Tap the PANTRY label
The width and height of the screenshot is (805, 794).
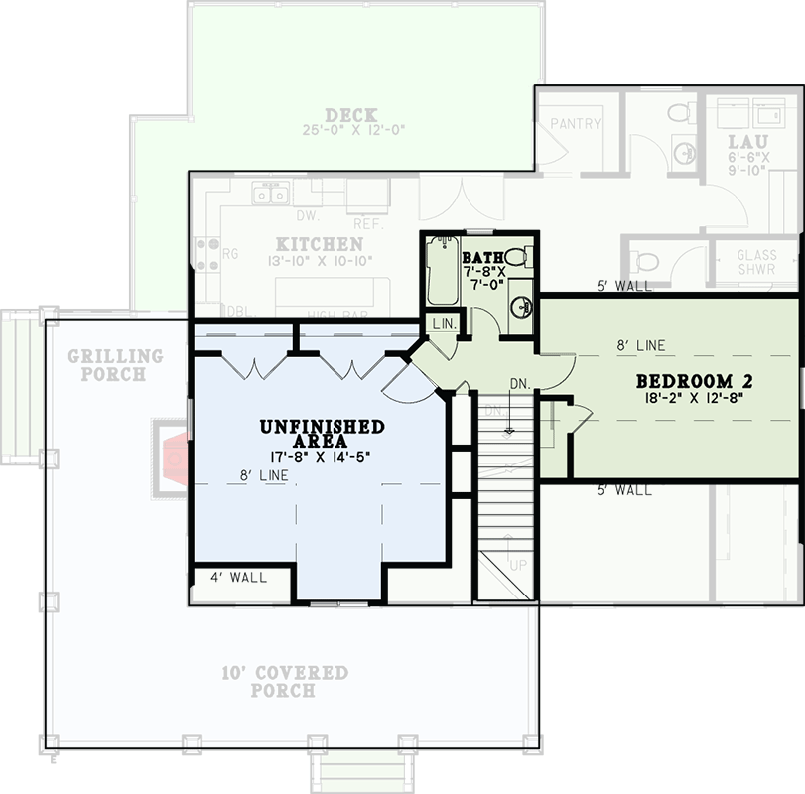[x=576, y=124]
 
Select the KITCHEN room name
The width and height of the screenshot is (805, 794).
[x=319, y=244]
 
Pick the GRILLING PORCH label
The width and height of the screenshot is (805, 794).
[x=114, y=364]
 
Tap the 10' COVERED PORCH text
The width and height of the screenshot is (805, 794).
[x=284, y=681]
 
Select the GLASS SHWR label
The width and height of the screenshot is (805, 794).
[x=756, y=262]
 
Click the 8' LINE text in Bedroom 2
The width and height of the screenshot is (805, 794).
[x=640, y=346]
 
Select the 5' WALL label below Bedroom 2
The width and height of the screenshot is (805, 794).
[x=624, y=490]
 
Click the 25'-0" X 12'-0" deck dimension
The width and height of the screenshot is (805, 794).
[x=353, y=130]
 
